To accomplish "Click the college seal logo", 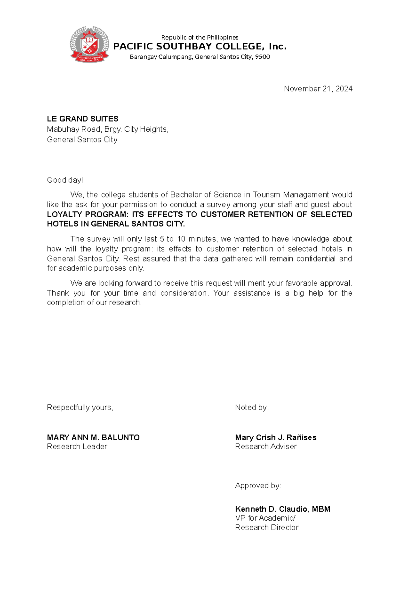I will tap(89, 45).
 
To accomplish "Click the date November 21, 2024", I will tap(318, 89).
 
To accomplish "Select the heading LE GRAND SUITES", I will tap(83, 119).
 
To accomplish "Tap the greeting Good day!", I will tap(65, 180).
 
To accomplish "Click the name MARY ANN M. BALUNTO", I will tap(93, 437).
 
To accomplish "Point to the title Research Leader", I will tap(77, 447).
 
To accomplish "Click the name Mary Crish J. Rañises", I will tap(276, 437).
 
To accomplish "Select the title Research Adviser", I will tap(266, 447).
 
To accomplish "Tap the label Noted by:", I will tap(252, 408).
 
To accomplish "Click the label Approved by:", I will tap(258, 486).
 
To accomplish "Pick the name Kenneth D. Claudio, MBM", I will tap(283, 509).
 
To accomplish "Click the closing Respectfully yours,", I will tap(80, 408).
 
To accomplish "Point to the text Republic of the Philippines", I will tap(200, 37).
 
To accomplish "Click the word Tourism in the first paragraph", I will tap(267, 195).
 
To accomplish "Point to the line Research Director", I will tap(267, 527).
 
